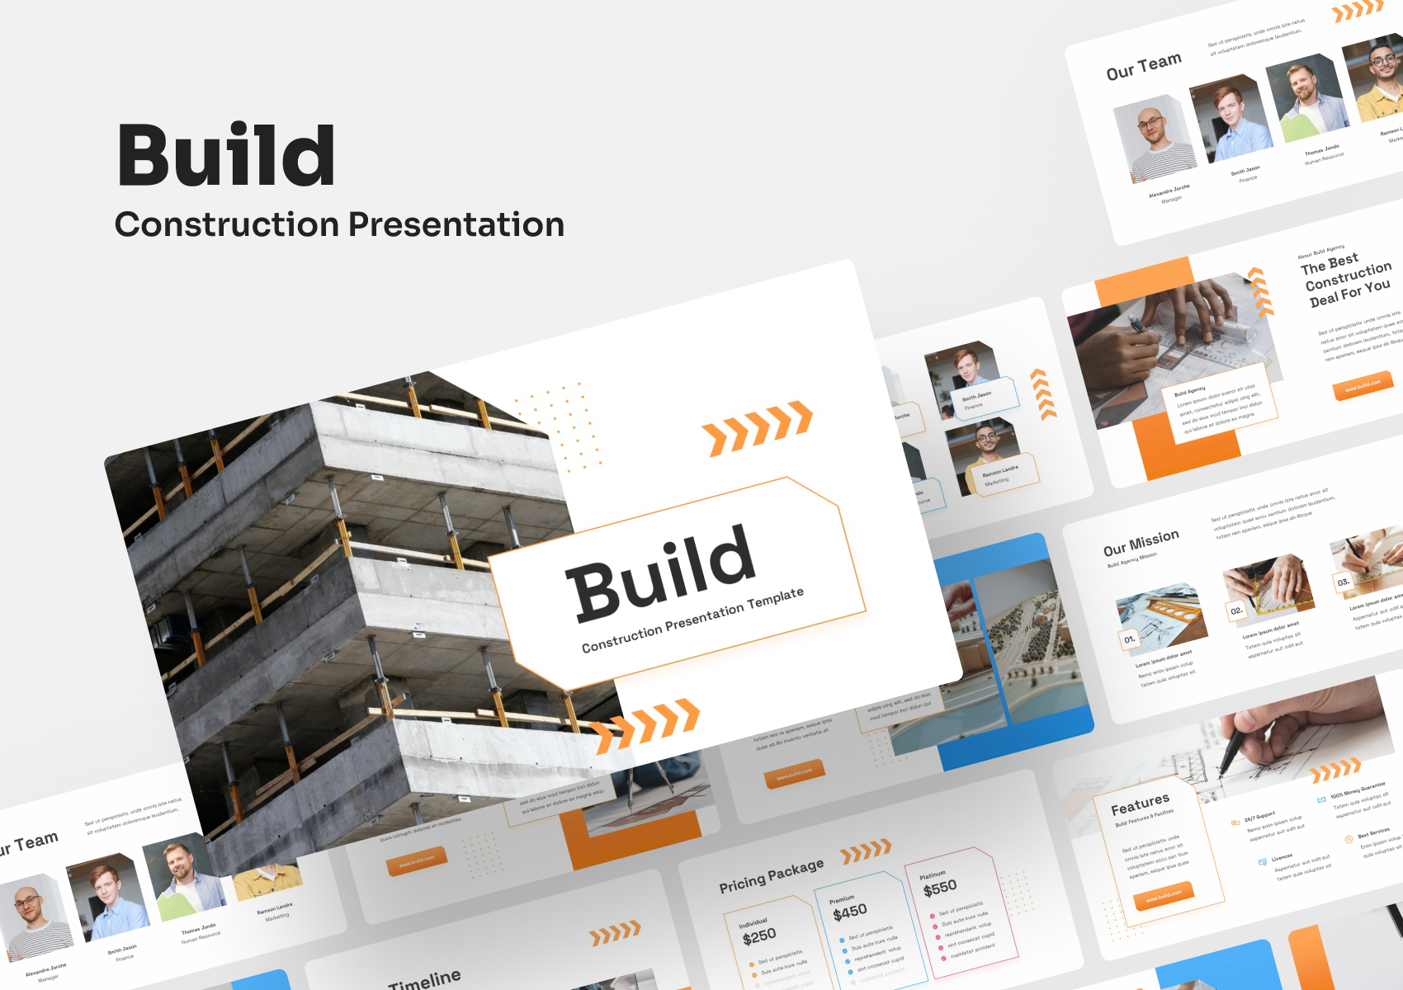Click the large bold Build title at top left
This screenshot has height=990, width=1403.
(x=226, y=155)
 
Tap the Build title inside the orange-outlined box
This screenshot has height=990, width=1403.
(x=661, y=573)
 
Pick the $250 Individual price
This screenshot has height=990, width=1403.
(x=759, y=936)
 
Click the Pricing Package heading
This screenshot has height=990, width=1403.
(x=771, y=875)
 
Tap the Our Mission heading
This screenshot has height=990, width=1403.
(x=1141, y=543)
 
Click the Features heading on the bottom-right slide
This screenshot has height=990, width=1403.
(x=1140, y=804)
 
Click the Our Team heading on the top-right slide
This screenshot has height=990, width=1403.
(x=1144, y=66)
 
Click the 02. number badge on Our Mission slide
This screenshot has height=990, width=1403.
(x=1235, y=611)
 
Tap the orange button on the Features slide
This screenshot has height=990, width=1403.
(x=1164, y=896)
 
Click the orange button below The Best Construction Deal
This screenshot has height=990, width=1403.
(x=1363, y=386)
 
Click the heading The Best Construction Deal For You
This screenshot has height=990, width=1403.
(x=1346, y=280)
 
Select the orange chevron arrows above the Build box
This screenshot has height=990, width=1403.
(x=757, y=427)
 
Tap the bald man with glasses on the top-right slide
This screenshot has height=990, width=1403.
(x=1153, y=136)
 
